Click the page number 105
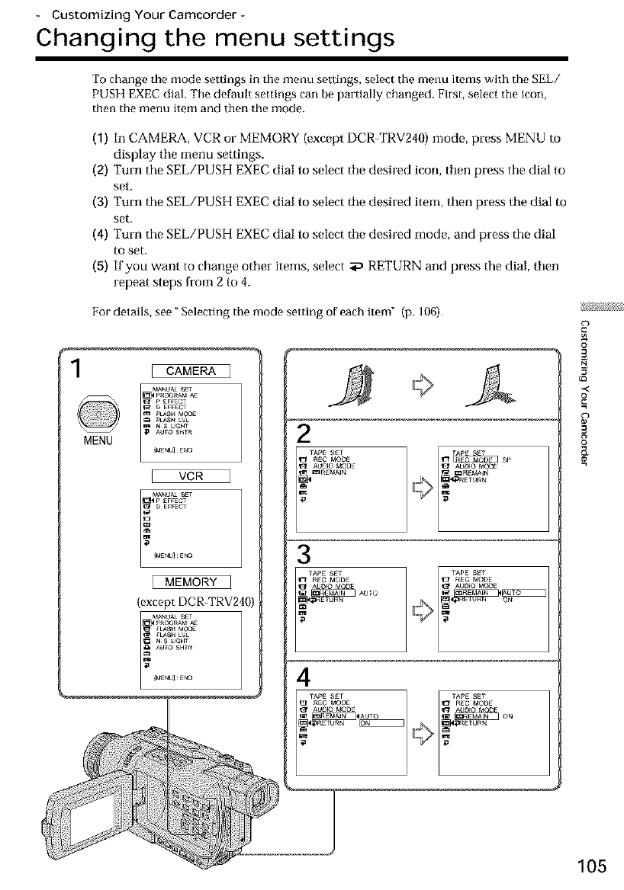click(591, 866)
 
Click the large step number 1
click(76, 370)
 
